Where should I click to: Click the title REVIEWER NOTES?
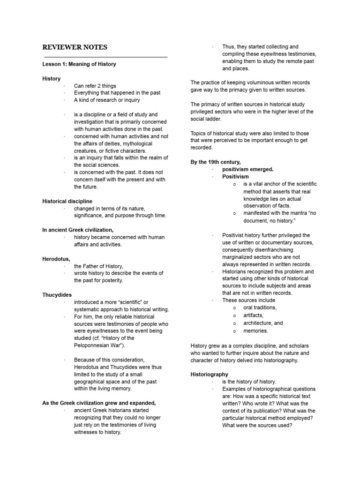pos(75,47)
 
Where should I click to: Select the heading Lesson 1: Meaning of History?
pos(79,64)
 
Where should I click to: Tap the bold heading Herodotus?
pos(56,259)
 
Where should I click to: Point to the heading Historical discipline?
pos(67,201)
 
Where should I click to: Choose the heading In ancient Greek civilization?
pos(78,230)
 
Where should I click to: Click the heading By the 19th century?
pos(216,162)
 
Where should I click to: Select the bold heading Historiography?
pos(210,375)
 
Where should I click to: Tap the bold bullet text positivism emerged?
pos(247,169)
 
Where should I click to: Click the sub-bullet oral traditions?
pos(260,307)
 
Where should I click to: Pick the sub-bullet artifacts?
pos(253,315)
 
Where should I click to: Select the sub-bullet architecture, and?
pos(263,323)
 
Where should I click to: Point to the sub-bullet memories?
pos(256,330)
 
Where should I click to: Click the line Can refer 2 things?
pos(95,86)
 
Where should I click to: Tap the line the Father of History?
pos(98,266)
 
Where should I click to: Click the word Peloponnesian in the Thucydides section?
pos(93,345)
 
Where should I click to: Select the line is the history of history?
pos(249,382)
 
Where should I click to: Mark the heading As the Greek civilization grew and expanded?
pos(99,403)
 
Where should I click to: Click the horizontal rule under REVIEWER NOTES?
pos(105,57)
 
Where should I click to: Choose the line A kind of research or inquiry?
pos(107,100)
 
